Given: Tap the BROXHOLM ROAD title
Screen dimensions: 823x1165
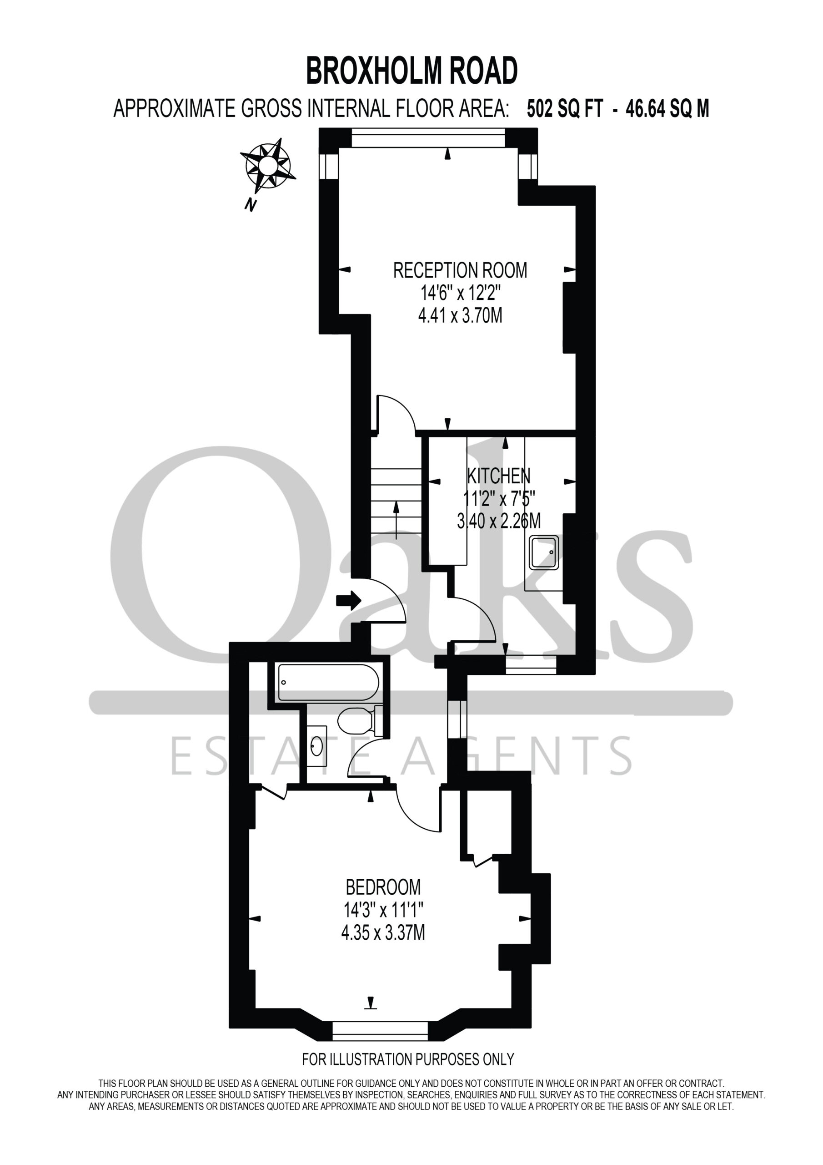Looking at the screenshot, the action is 412,71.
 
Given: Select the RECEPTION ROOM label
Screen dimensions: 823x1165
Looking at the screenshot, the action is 460,270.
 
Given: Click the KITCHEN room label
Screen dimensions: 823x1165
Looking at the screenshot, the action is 498,476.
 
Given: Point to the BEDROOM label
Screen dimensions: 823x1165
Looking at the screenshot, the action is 383,887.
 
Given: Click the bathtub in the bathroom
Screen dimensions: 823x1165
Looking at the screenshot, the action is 329,683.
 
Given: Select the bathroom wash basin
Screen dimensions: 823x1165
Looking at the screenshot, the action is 317,746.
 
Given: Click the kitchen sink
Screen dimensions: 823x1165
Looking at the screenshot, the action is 544,552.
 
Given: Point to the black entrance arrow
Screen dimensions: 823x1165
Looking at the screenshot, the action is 348,601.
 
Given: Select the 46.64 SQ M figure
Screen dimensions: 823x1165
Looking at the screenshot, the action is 667,109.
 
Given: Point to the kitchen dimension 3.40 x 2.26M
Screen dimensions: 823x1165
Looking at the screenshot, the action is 498,521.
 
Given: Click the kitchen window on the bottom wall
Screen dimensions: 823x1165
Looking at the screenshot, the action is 531,664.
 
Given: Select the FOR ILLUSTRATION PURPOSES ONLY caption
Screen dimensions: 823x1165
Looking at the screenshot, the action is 408,1059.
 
